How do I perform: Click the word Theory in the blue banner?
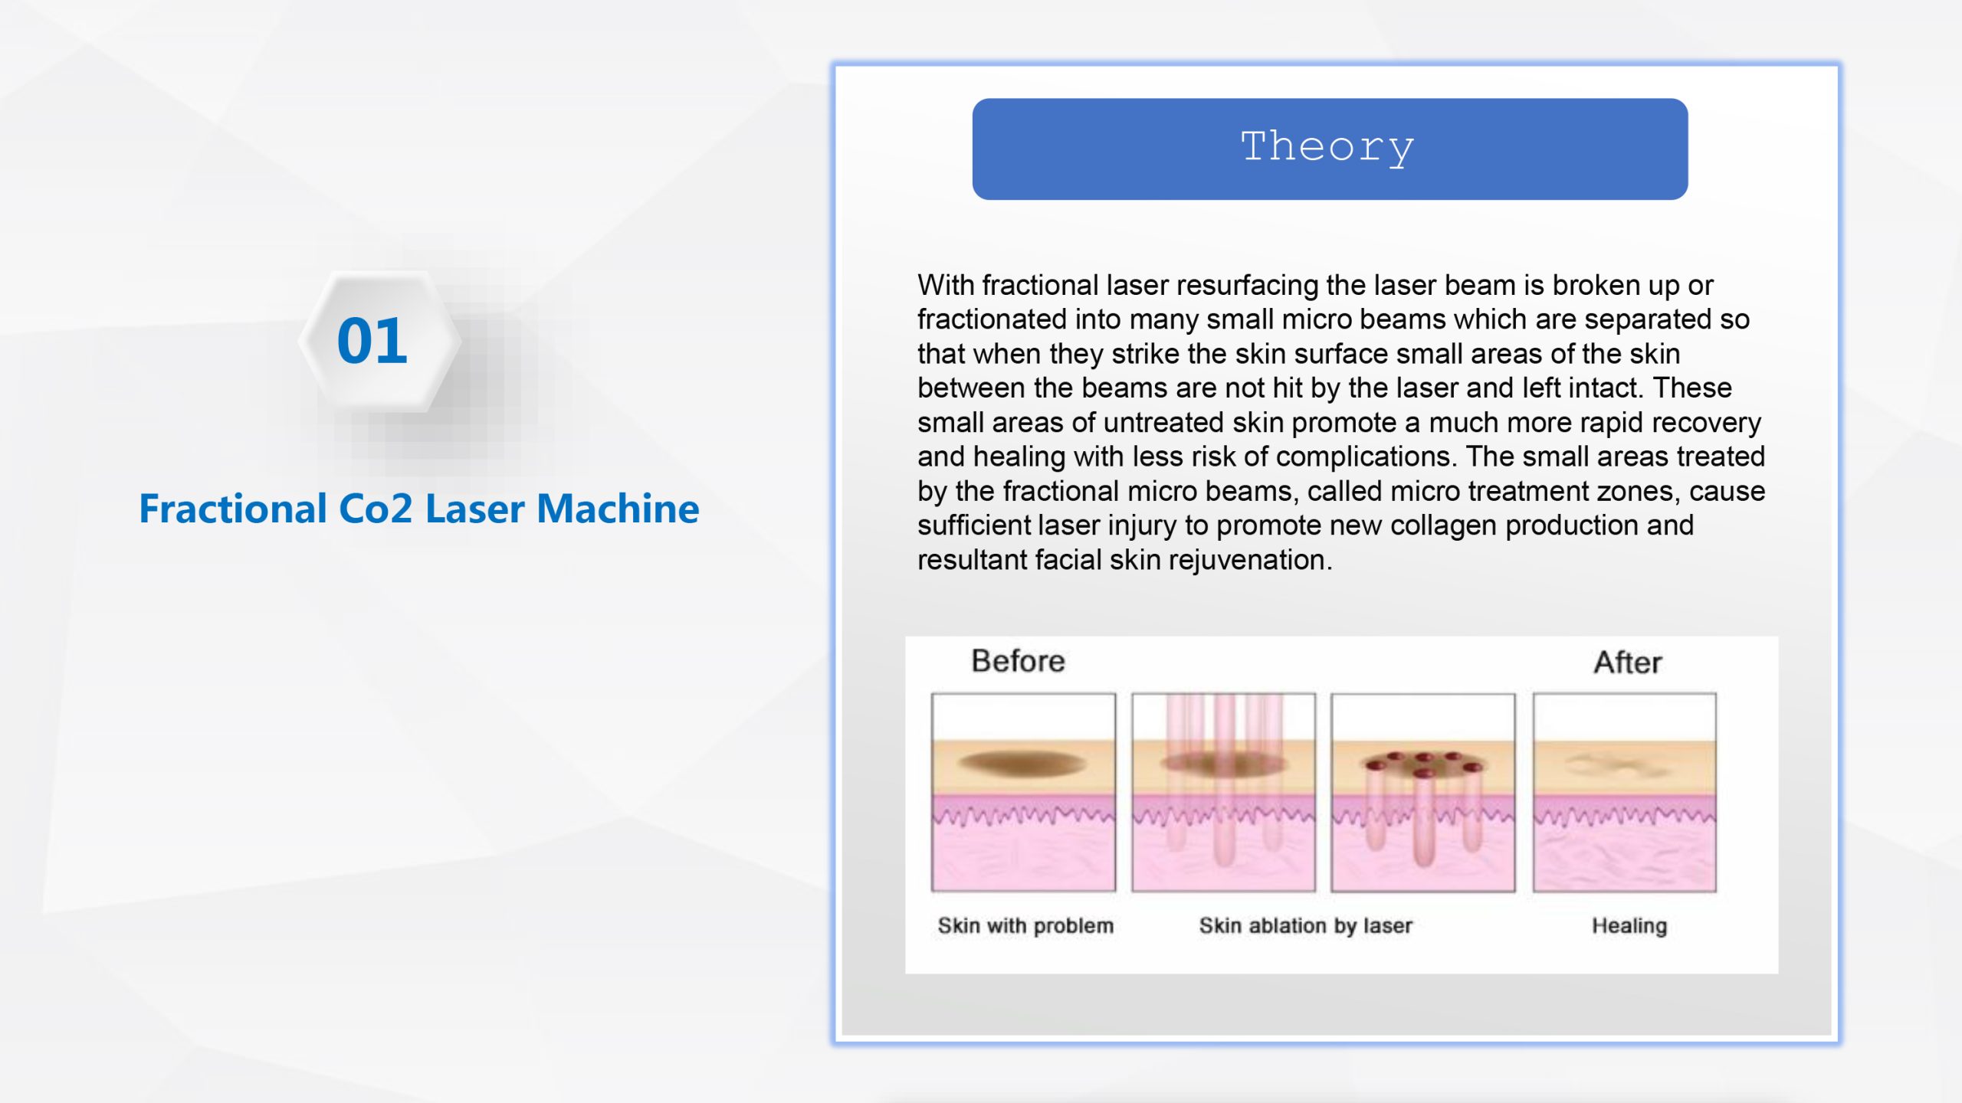pyautogui.click(x=1327, y=147)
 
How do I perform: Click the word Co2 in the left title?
pyautogui.click(x=376, y=509)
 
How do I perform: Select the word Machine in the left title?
pyautogui.click(x=618, y=509)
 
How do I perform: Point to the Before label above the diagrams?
pyautogui.click(x=1018, y=661)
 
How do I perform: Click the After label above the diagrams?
pyautogui.click(x=1628, y=663)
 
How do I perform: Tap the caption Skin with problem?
pyautogui.click(x=1025, y=926)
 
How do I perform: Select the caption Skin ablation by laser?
pyautogui.click(x=1305, y=926)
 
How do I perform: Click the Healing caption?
pyautogui.click(x=1629, y=926)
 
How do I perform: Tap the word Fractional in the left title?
pyautogui.click(x=233, y=509)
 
